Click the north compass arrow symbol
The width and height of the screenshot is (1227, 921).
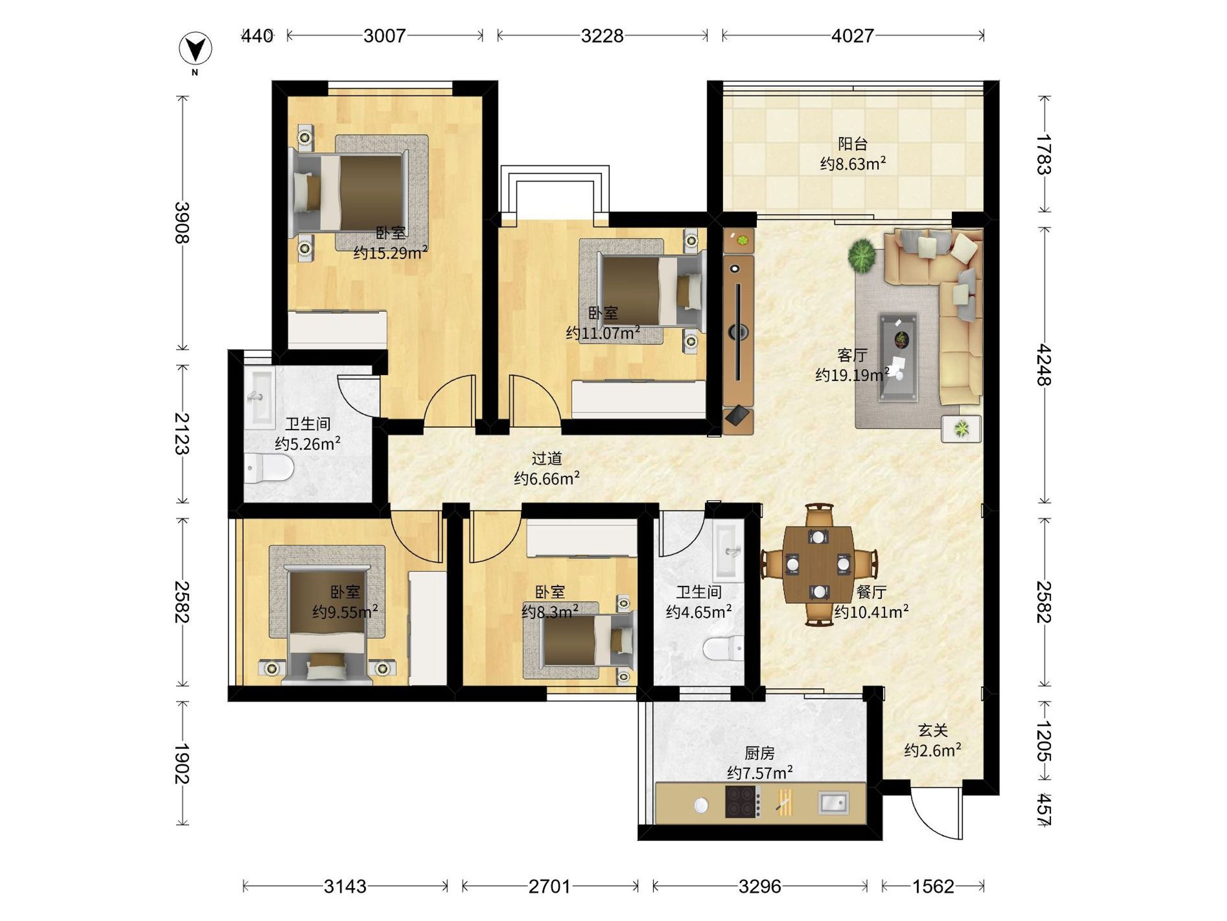point(195,48)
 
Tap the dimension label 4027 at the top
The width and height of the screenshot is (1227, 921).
point(853,36)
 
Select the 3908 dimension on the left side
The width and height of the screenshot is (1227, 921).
point(182,223)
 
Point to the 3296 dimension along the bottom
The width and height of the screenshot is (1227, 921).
point(759,887)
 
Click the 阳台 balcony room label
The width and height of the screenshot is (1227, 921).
point(853,144)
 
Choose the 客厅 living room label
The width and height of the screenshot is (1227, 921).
point(852,355)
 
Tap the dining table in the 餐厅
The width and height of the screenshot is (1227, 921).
point(819,564)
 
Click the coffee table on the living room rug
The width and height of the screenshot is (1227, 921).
point(898,357)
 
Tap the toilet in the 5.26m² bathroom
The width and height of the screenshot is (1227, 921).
point(268,468)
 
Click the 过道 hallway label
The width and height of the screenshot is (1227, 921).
point(547,458)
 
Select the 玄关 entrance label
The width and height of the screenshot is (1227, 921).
point(933,730)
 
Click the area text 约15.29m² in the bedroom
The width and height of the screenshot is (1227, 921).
point(391,253)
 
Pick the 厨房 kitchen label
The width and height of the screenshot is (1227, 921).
point(759,753)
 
